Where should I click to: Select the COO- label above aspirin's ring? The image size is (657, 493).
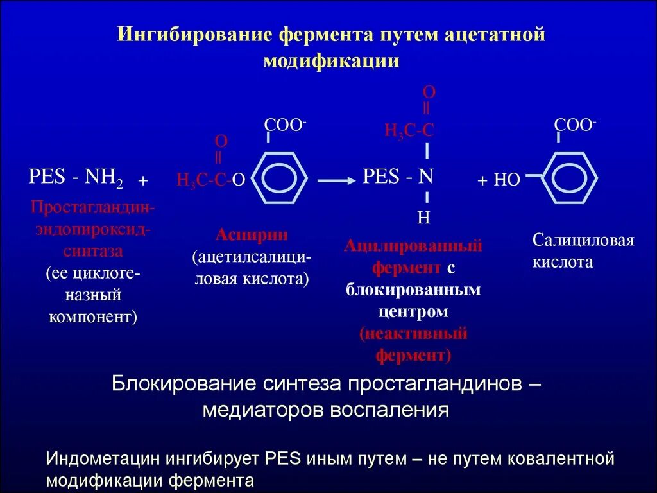285,125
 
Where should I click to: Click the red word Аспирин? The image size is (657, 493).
252,234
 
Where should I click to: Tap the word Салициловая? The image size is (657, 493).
583,241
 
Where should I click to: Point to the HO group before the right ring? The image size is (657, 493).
506,180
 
